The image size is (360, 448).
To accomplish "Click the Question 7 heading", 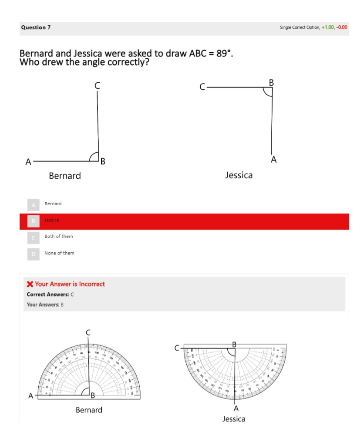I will coord(36,27).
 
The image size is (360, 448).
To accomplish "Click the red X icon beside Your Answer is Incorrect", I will coord(30,284).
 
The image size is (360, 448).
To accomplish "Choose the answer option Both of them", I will coord(58,236).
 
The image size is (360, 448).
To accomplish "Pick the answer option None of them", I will coord(59,253).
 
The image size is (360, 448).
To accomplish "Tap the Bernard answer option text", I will coord(53,204).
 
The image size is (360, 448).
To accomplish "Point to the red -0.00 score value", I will coord(342,27).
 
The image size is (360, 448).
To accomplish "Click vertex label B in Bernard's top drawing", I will coord(103,162).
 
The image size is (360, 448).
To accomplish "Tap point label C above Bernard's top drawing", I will coord(97,85).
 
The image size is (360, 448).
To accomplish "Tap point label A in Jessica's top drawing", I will coord(273,159).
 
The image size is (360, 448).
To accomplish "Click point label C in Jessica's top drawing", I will coord(202,87).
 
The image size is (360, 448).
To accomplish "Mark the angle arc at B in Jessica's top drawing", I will coord(267,92).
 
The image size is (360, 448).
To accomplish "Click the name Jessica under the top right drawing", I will coord(239,175).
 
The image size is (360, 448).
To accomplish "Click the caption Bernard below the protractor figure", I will coord(89,410).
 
